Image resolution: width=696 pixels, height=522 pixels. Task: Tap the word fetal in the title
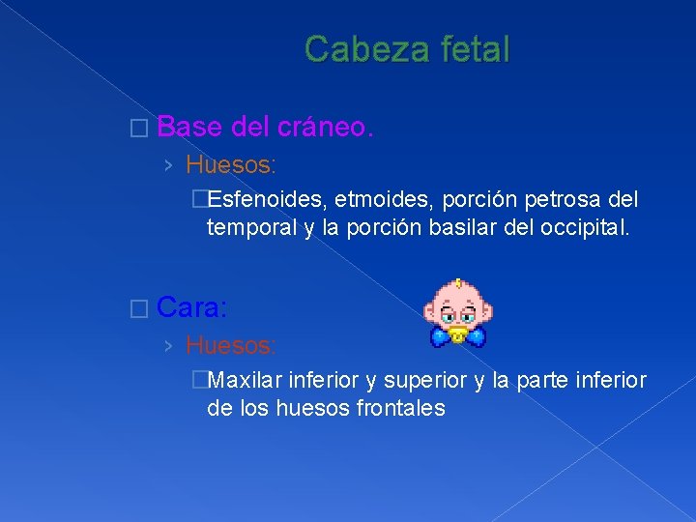467,48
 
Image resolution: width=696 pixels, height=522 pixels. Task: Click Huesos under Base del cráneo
231,165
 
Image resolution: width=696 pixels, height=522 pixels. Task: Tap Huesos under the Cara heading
231,345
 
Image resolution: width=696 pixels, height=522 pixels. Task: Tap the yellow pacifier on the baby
458,336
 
